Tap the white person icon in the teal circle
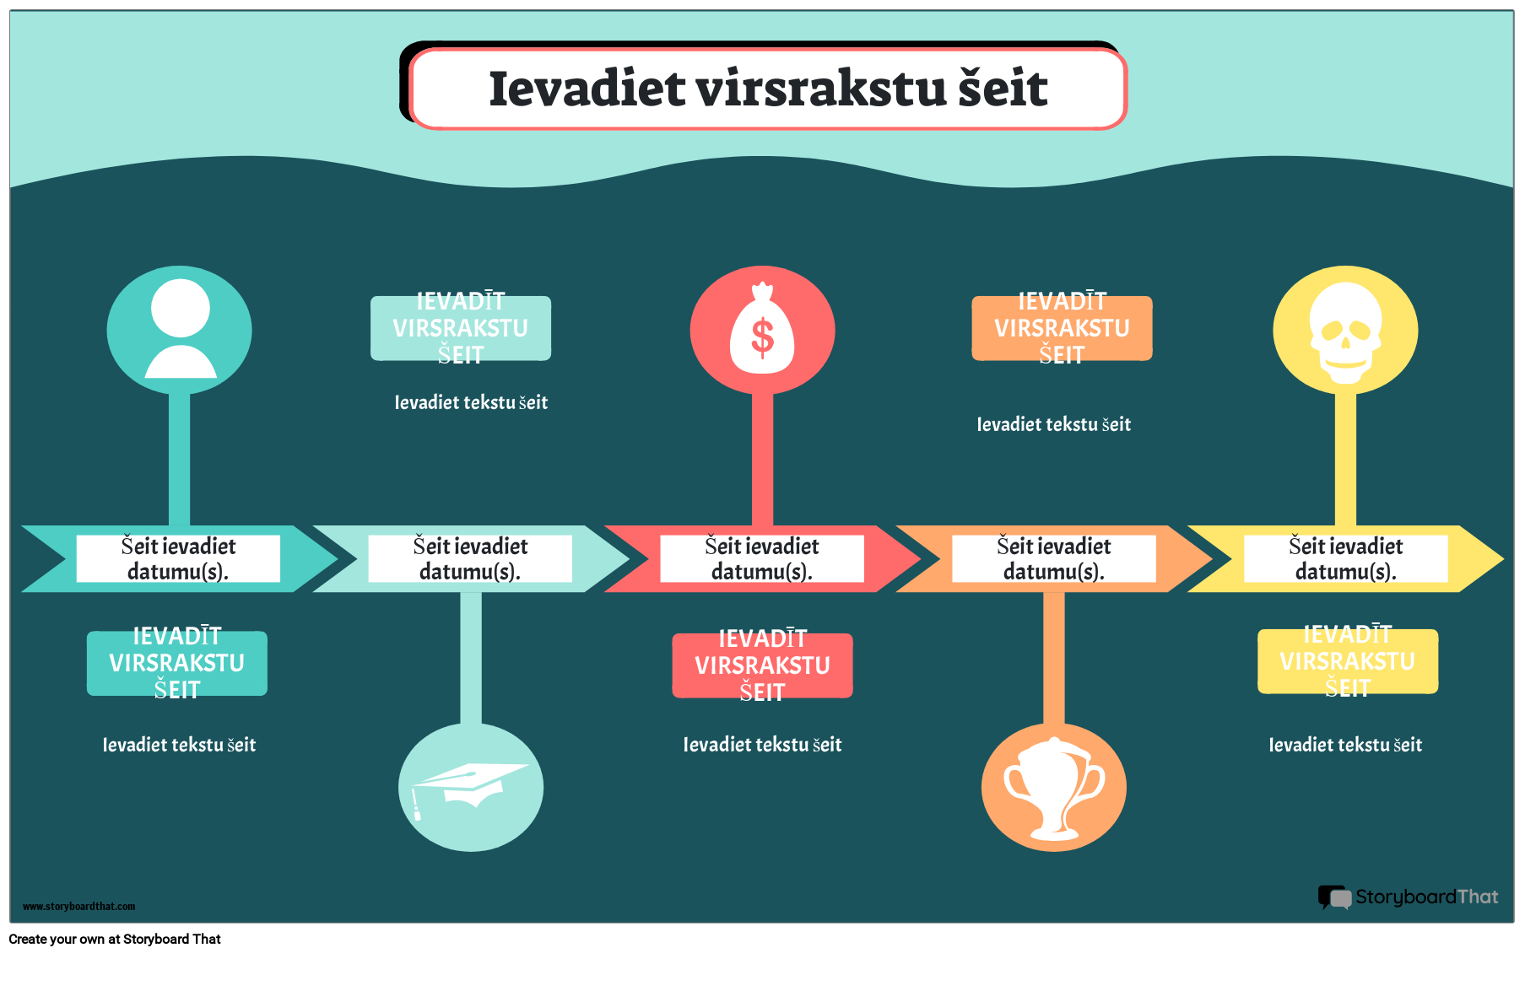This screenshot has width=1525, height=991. point(181,328)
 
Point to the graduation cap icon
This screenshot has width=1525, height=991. point(468,788)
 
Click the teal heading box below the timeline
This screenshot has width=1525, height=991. point(177,664)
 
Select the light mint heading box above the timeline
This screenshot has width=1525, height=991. point(461,328)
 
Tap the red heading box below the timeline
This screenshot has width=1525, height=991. point(762,665)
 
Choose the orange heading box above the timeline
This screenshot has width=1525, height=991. point(1062,328)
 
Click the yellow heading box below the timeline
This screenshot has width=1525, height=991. point(1348,662)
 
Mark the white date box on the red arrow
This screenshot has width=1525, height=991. point(762,558)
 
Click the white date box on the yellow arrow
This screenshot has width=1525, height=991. point(1346,558)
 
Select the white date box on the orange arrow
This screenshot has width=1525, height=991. point(1054,558)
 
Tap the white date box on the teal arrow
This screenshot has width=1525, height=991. point(178,558)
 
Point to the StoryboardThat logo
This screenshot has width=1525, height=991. point(1409,897)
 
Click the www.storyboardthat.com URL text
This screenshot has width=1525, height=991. point(78,907)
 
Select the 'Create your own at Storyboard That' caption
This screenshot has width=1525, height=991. point(115,940)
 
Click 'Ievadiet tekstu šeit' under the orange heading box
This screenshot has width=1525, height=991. point(1053,424)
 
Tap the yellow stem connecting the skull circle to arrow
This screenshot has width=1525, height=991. point(1345,459)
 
